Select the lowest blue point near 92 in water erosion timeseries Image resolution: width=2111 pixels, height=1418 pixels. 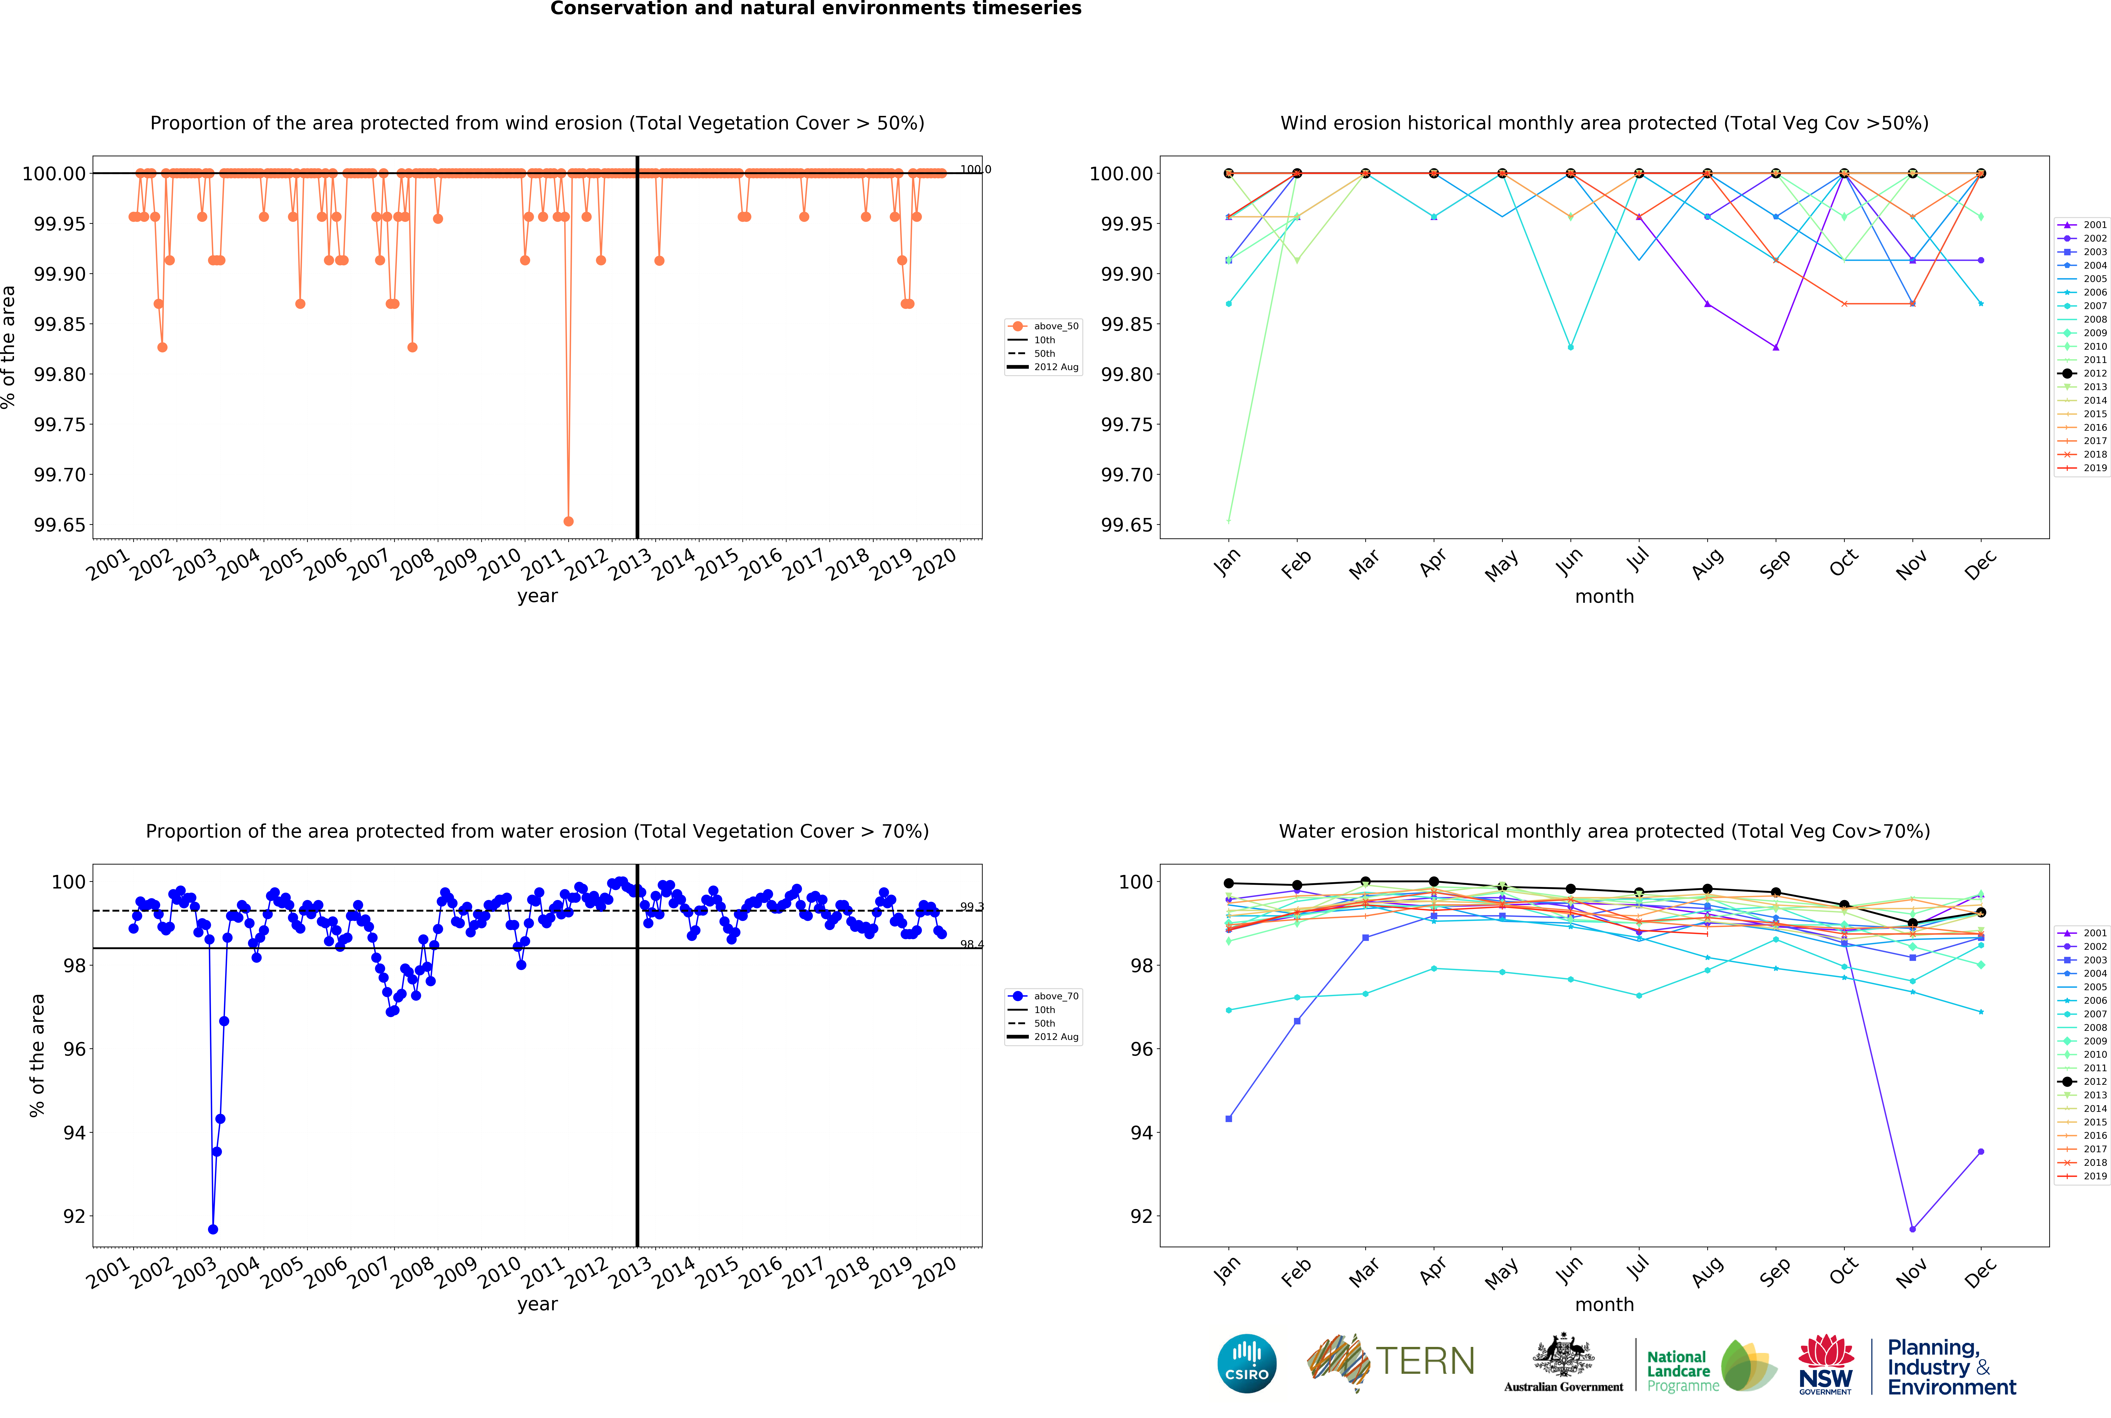[x=213, y=1229]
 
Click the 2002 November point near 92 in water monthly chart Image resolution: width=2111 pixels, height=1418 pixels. [x=1912, y=1229]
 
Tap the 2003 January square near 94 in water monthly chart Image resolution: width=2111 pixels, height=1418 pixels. [x=1228, y=1119]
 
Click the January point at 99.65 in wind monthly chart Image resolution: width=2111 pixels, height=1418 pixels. [x=1228, y=521]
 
